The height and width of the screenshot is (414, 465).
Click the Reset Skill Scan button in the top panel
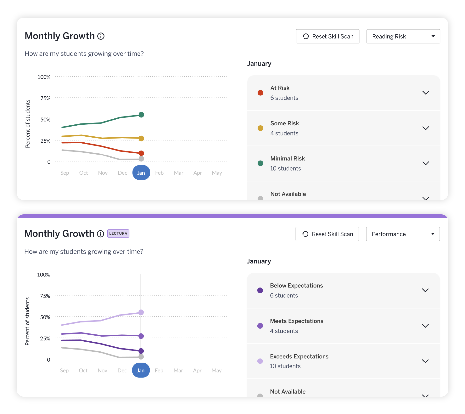(x=327, y=36)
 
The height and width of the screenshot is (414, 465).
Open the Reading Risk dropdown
(x=403, y=36)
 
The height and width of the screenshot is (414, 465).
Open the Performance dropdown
(x=403, y=234)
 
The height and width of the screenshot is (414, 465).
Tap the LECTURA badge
(x=118, y=234)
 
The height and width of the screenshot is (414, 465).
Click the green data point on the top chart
(x=141, y=115)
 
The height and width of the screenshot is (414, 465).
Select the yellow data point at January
(x=141, y=138)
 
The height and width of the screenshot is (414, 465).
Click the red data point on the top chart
(x=141, y=153)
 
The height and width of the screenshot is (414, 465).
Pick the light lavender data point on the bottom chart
(x=141, y=312)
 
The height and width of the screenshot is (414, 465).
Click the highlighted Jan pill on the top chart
(x=141, y=173)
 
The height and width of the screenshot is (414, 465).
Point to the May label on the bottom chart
(x=217, y=370)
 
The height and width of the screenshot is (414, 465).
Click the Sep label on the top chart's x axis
(x=65, y=173)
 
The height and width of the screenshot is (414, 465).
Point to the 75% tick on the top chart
(x=46, y=98)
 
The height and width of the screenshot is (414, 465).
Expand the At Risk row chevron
(x=426, y=93)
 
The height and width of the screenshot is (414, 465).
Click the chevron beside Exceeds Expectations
(x=425, y=361)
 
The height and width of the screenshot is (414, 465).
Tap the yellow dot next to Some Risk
(x=260, y=128)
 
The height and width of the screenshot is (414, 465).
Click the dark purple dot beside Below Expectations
(x=260, y=290)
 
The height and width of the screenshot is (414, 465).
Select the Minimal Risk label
(x=288, y=159)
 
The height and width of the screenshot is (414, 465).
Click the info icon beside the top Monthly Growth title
(x=101, y=36)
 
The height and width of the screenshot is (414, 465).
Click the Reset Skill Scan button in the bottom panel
(x=327, y=234)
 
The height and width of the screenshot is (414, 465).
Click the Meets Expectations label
(x=297, y=321)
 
